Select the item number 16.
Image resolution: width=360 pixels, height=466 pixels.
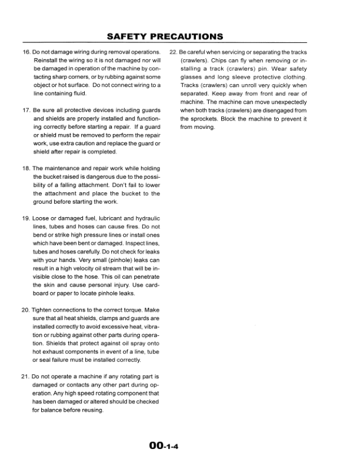26,52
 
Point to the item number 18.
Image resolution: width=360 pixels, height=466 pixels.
26,168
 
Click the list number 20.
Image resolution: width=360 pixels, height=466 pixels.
26,309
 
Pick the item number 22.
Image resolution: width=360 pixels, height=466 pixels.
174,52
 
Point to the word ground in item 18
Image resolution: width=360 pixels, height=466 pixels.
42,201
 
